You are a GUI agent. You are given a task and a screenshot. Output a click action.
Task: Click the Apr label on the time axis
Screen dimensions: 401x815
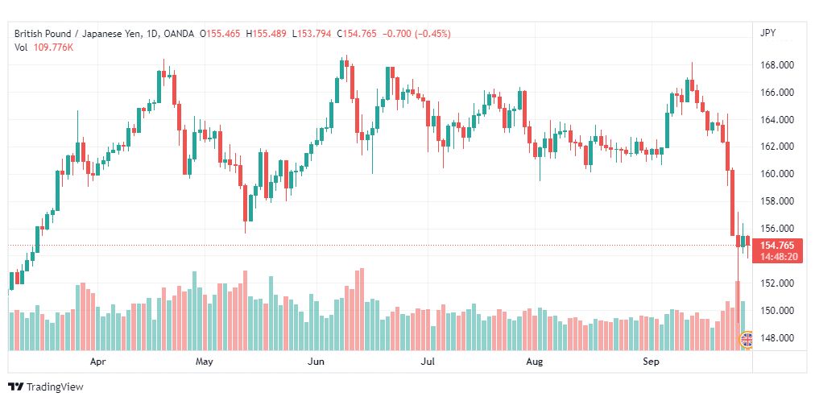[x=97, y=362]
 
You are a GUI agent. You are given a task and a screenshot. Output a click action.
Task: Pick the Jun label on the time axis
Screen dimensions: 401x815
[x=316, y=362]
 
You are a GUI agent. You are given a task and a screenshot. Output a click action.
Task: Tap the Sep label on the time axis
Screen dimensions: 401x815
[x=652, y=362]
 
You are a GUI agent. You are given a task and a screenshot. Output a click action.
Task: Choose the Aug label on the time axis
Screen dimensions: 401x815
[x=534, y=362]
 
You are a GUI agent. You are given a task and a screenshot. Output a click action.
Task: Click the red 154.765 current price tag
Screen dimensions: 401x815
[x=777, y=245]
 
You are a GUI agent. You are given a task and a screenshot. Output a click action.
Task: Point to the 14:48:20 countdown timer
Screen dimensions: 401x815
[x=777, y=256]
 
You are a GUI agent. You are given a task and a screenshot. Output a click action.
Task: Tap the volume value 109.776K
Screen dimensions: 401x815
[x=53, y=47]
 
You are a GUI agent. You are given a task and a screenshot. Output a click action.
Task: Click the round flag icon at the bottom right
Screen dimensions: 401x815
[x=747, y=340]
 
